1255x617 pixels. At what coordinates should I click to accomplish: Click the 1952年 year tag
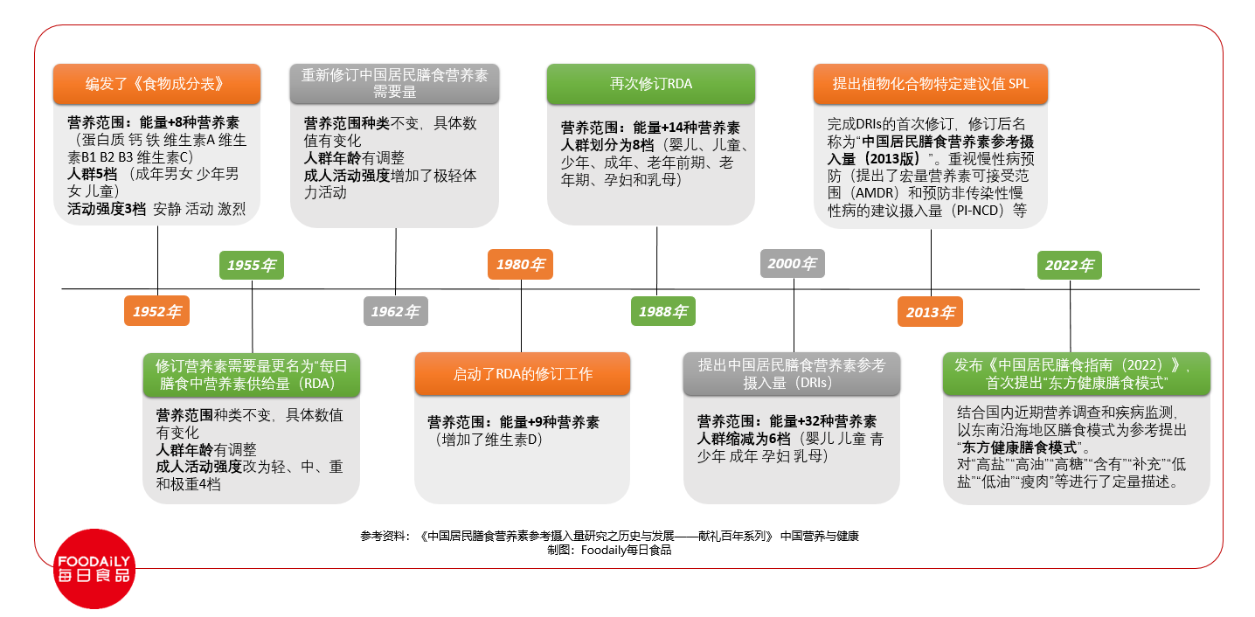(x=157, y=311)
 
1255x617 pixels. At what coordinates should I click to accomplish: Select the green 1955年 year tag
(x=252, y=265)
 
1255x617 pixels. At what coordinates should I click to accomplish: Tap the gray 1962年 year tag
(x=396, y=311)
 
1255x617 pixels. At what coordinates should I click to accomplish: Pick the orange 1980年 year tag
(x=521, y=264)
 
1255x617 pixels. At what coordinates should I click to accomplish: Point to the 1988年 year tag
(x=663, y=311)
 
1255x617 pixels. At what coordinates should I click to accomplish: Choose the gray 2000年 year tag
(x=792, y=263)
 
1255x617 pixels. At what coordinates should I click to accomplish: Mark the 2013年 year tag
(x=930, y=312)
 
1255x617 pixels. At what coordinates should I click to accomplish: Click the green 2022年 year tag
(x=1070, y=265)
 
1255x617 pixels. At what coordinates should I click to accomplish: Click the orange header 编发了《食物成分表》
(x=157, y=84)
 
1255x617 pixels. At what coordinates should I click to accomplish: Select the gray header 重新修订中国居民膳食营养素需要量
(x=394, y=84)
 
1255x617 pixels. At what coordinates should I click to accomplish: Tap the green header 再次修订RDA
(x=651, y=84)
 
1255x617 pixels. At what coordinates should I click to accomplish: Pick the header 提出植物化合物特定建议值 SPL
(x=931, y=84)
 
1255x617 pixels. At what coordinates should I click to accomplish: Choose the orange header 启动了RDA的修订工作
(x=523, y=374)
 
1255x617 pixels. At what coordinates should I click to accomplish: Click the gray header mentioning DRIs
(x=792, y=374)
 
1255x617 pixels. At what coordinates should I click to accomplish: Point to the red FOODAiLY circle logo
(x=94, y=569)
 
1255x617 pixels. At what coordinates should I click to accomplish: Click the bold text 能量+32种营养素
(x=823, y=421)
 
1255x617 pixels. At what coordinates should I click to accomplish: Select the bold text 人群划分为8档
(x=607, y=145)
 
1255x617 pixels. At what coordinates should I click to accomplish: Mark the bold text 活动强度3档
(x=107, y=209)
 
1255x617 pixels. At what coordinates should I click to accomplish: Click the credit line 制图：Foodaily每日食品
(x=609, y=550)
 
